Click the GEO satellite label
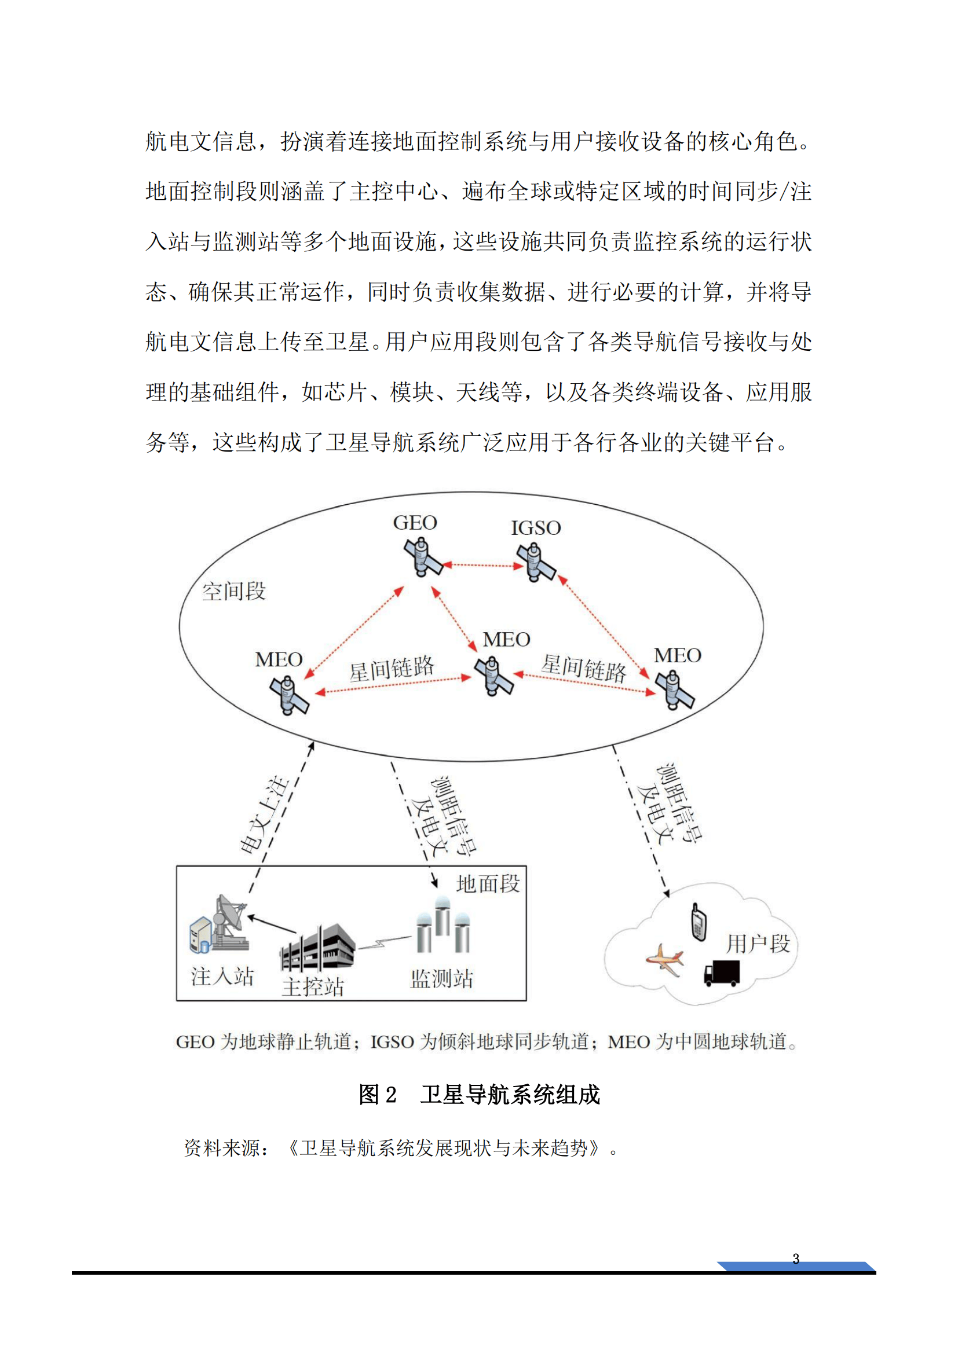(x=415, y=523)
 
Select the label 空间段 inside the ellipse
(x=233, y=591)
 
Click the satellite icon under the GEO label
(x=423, y=557)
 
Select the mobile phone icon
(x=699, y=923)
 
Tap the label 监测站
(x=442, y=979)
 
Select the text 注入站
(x=222, y=977)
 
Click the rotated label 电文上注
(x=265, y=815)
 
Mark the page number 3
(x=796, y=1259)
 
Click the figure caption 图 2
(x=378, y=1095)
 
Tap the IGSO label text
(x=536, y=528)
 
